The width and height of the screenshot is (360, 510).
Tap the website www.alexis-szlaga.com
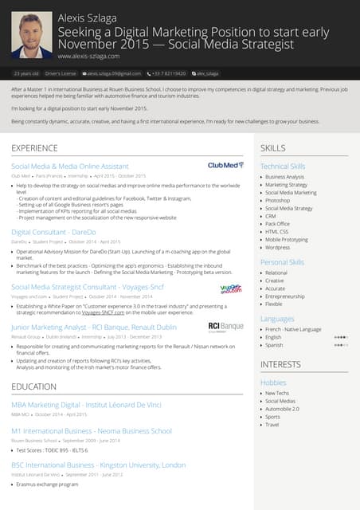pos(88,57)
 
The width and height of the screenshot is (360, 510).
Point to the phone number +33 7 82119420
pos(169,73)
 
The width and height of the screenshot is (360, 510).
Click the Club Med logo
pos(225,165)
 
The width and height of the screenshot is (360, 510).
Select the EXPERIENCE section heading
pos(33,148)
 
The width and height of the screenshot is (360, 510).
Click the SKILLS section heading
pos(272,148)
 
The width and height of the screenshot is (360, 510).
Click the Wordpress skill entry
pos(278,247)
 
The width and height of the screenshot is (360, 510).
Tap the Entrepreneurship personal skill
pos(284,296)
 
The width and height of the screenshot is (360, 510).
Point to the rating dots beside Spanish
pos(341,345)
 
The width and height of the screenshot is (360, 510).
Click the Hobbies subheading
pos(272,382)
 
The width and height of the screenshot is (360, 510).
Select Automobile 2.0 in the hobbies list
pos(283,409)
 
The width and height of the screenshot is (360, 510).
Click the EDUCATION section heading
pos(33,386)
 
